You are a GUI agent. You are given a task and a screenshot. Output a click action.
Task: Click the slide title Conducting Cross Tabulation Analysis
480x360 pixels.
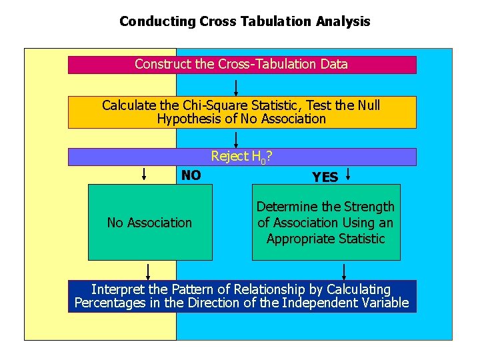[x=245, y=21]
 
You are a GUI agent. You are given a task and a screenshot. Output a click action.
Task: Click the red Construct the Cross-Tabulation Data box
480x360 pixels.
[x=241, y=65]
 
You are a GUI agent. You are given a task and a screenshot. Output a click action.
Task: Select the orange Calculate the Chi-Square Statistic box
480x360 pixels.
[x=241, y=112]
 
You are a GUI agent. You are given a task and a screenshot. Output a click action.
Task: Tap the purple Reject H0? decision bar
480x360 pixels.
[x=241, y=157]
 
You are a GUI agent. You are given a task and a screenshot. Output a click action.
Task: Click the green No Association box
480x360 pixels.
[x=149, y=223]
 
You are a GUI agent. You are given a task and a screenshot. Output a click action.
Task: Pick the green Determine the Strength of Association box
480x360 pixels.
[x=325, y=223]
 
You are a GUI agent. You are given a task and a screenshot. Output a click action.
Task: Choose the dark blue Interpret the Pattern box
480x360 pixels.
[x=241, y=297]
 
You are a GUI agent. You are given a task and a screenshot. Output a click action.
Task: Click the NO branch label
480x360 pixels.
[x=191, y=175]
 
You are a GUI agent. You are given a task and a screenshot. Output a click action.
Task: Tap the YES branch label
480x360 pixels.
[x=325, y=177]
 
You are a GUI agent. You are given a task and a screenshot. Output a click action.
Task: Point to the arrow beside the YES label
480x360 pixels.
[x=348, y=175]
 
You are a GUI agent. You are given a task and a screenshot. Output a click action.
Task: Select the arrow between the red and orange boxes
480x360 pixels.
[x=236, y=88]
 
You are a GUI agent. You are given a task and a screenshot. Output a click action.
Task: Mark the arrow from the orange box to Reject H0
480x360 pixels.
[x=236, y=139]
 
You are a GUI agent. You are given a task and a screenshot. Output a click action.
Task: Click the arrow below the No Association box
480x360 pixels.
[x=148, y=271]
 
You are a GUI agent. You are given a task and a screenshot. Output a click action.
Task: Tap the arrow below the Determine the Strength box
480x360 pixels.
[x=344, y=271]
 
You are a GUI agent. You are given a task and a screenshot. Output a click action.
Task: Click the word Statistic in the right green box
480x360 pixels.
[x=361, y=239]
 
